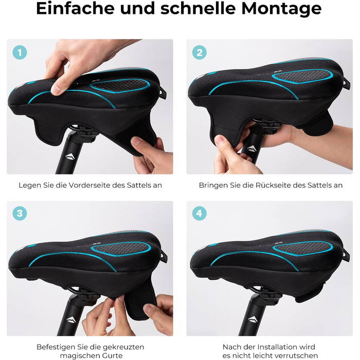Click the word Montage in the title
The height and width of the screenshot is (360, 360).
pos(281,9)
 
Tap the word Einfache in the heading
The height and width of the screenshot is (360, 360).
pos(75,8)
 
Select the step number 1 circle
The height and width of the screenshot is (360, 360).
pos(20,52)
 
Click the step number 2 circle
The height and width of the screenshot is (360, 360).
pos(200,52)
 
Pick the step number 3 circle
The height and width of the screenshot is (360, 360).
pos(20,213)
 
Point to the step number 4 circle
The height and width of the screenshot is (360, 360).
pos(200,213)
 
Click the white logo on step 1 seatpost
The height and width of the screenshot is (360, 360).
pos(70,157)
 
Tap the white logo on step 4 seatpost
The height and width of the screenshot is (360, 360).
pos(253,319)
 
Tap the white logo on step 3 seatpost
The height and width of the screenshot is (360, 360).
pos(70,319)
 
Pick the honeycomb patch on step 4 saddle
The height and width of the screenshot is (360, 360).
pos(302,248)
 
